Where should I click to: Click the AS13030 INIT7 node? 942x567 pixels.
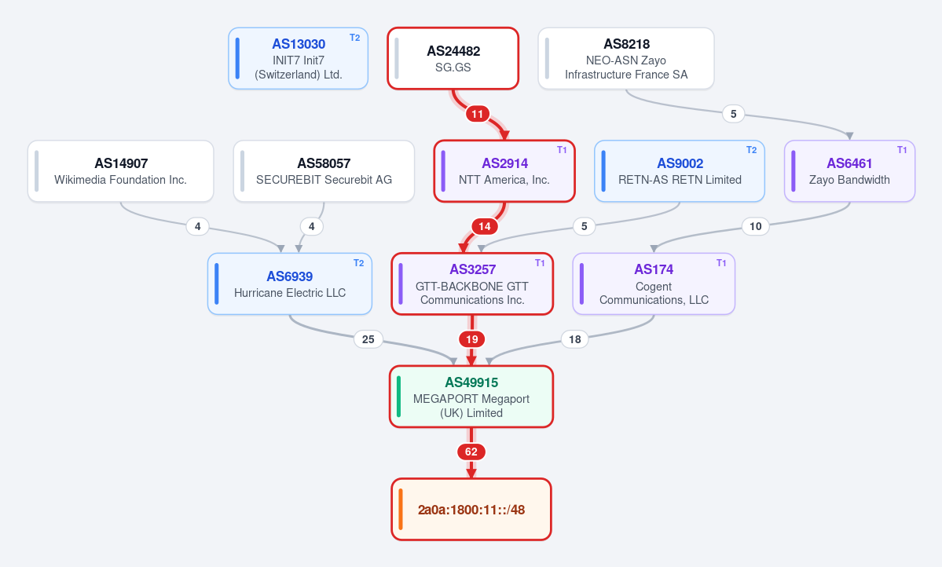(x=298, y=58)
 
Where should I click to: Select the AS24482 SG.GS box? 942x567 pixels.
(x=453, y=58)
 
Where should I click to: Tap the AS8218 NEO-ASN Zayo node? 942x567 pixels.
(x=626, y=58)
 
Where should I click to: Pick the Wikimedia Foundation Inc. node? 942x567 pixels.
(x=121, y=171)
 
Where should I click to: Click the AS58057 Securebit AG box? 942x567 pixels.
(x=324, y=171)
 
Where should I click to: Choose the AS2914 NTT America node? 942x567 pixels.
(x=504, y=171)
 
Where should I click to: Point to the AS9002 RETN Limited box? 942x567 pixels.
(x=680, y=171)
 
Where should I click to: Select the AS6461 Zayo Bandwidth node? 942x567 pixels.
(x=849, y=171)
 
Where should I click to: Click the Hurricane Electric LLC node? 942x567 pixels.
(x=290, y=283)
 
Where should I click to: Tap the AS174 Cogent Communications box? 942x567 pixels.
(x=654, y=283)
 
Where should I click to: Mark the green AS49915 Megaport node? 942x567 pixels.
(x=471, y=397)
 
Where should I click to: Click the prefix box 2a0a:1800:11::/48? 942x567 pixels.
(x=471, y=510)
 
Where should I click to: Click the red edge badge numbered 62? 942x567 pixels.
(x=471, y=452)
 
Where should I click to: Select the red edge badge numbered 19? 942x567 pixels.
(x=471, y=339)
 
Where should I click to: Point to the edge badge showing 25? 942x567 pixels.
(x=368, y=339)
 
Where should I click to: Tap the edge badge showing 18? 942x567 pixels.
(x=575, y=339)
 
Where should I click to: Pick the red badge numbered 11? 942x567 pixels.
(x=477, y=114)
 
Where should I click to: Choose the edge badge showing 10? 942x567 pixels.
(x=755, y=226)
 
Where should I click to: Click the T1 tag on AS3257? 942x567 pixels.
(x=540, y=263)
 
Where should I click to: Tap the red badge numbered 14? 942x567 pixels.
(x=484, y=226)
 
